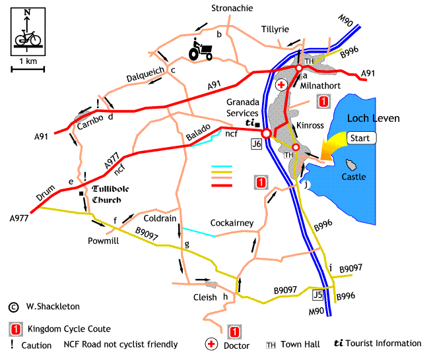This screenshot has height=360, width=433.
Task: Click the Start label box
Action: [x=360, y=138]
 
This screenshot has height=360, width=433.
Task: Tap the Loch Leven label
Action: [x=373, y=119]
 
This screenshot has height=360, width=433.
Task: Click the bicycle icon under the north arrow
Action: [x=27, y=39]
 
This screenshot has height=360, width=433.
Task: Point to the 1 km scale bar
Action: [x=28, y=68]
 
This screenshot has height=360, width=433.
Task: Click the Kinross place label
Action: [x=310, y=125]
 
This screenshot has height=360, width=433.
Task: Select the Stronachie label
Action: [x=232, y=9]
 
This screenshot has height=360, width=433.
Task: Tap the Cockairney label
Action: [x=232, y=223]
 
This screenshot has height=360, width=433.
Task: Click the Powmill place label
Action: [x=101, y=241]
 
